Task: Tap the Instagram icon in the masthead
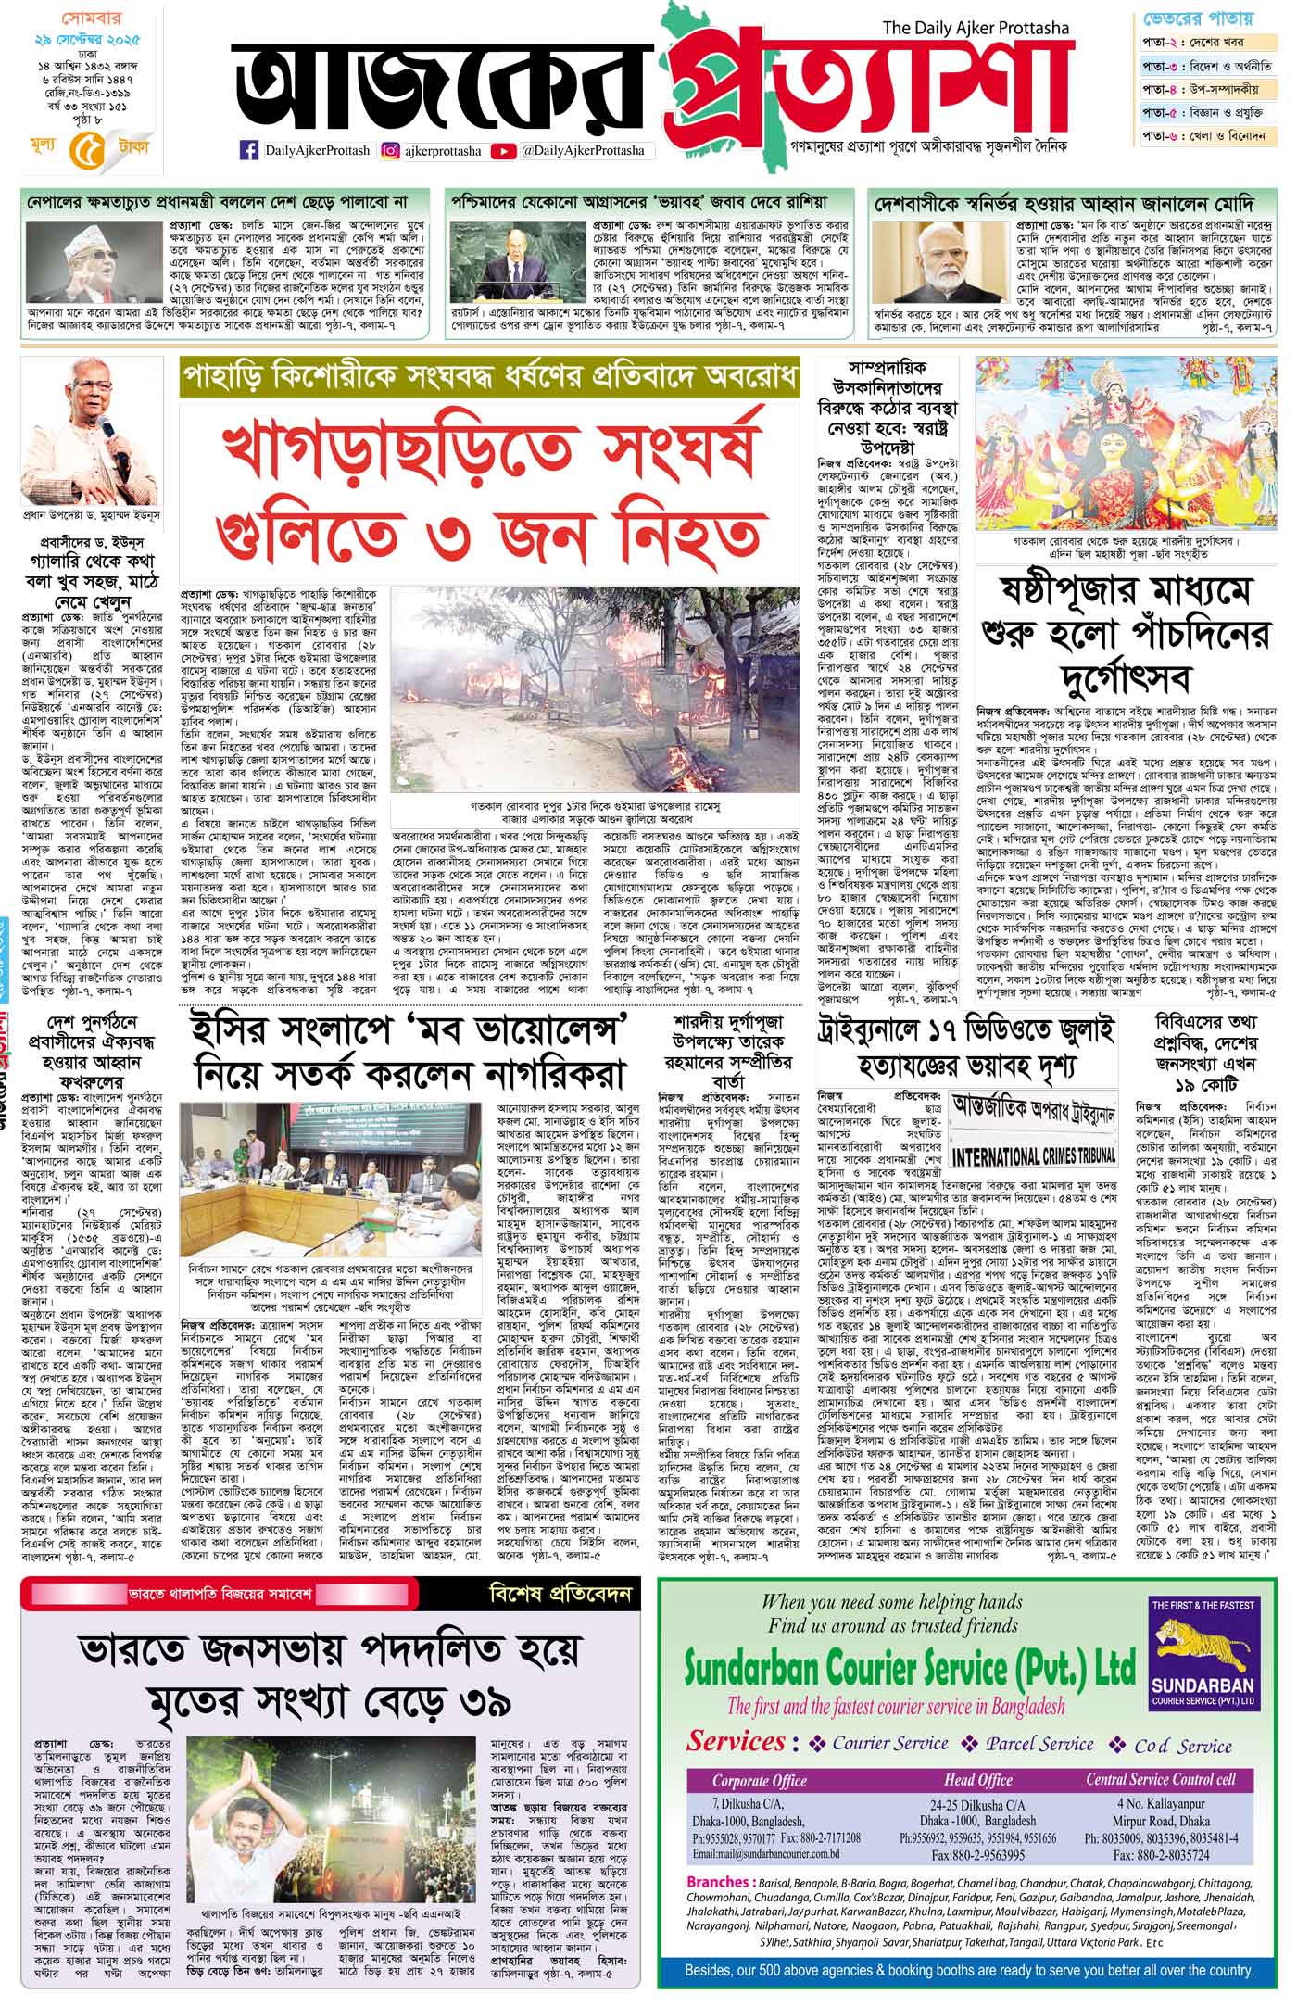click(x=391, y=151)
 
